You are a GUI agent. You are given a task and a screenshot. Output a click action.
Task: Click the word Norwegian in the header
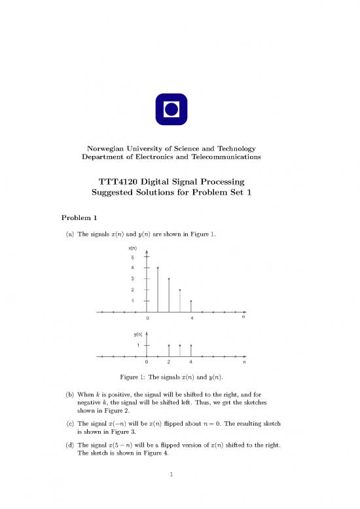coord(100,149)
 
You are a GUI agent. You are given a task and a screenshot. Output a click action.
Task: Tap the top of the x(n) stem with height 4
coord(158,267)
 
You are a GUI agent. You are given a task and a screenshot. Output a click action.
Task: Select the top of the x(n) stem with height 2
coord(180,290)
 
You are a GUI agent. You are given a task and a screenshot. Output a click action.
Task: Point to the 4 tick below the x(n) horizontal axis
coord(191,318)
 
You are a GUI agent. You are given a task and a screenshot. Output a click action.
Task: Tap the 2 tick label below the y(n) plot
coord(169,362)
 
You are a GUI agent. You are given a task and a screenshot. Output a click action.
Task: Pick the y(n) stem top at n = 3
coord(180,345)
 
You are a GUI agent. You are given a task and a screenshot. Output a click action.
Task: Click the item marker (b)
coord(69,396)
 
